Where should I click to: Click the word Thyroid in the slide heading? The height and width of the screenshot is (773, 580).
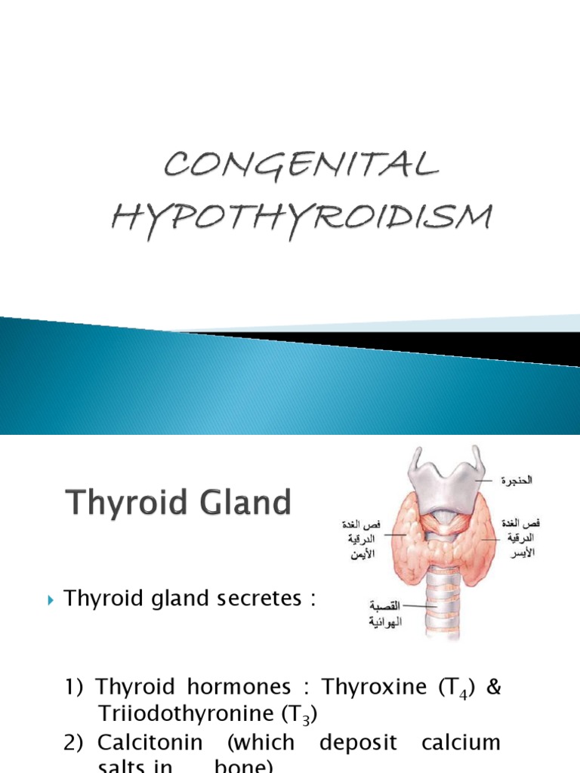point(122,502)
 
